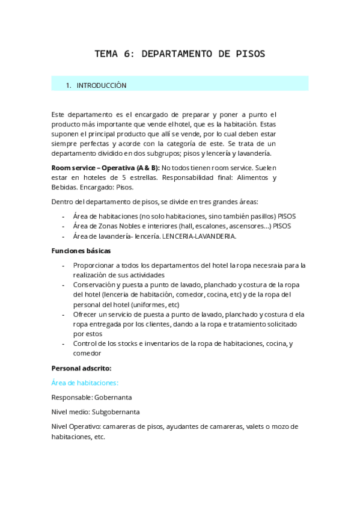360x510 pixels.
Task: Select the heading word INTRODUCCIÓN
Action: [x=102, y=85]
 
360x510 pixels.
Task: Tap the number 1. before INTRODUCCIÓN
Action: [x=69, y=85]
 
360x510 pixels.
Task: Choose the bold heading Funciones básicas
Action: [x=81, y=250]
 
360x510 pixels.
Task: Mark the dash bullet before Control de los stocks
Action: [x=64, y=343]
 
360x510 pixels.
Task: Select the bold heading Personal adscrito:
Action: [x=81, y=367]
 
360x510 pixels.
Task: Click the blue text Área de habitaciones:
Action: [x=85, y=382]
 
